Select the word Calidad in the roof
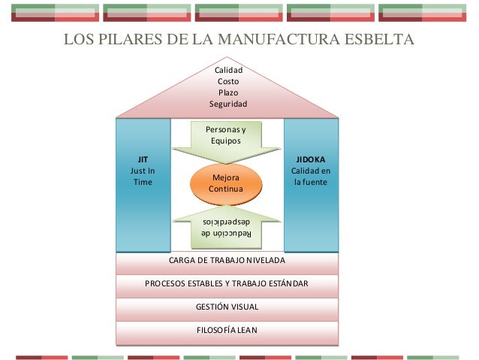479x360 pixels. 227,70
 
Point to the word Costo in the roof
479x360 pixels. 227,81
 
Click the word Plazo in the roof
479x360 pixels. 227,92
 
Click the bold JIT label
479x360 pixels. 142,160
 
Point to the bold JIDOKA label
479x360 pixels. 311,160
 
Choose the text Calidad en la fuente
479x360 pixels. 311,177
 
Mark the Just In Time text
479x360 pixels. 142,177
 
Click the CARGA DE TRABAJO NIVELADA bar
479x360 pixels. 227,261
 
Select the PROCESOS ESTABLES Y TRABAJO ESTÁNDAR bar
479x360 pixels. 227,284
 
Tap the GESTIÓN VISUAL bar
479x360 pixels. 227,307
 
